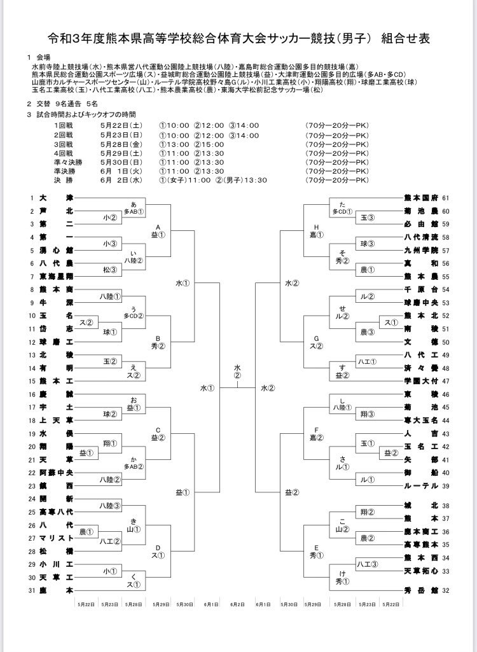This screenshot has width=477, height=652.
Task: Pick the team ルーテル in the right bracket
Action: coord(422,485)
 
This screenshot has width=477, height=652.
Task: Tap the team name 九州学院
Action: coord(422,250)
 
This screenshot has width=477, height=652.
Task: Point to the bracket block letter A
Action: coord(158,226)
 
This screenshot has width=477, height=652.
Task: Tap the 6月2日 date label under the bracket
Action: coord(237,603)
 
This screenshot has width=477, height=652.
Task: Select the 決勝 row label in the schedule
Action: coord(65,180)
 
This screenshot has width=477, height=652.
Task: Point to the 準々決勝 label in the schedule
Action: coord(67,162)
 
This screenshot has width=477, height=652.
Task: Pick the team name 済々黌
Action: coord(422,368)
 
